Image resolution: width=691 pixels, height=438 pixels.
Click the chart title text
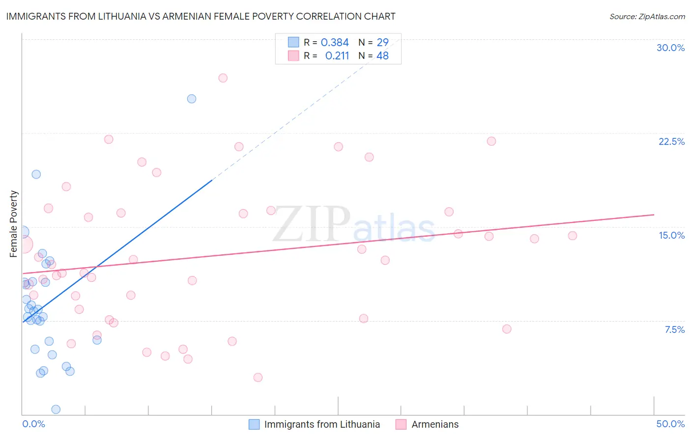[201, 16]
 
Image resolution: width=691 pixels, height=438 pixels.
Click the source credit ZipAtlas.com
[647, 17]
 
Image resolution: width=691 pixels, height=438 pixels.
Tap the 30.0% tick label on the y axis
[670, 48]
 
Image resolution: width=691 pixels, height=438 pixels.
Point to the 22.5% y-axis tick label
[671, 141]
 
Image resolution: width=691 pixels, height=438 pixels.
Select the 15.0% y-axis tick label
[671, 235]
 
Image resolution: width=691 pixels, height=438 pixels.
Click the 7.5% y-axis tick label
[674, 329]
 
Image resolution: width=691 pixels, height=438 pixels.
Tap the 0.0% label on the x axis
[33, 424]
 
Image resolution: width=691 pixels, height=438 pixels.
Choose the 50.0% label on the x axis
[670, 424]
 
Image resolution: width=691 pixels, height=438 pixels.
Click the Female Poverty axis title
[13, 224]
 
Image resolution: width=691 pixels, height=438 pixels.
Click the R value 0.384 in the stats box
[335, 43]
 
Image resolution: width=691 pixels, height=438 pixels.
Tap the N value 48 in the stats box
[382, 56]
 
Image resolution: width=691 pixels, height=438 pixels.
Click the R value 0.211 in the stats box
[337, 56]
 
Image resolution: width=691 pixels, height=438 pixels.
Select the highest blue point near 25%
[192, 99]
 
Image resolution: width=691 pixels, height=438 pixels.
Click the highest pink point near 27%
[223, 78]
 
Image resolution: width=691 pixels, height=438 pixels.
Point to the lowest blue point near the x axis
[56, 410]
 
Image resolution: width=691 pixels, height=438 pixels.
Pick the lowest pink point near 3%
[258, 378]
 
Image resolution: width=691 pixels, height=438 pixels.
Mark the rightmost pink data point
[572, 236]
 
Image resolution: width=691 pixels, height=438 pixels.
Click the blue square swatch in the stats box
[293, 42]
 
